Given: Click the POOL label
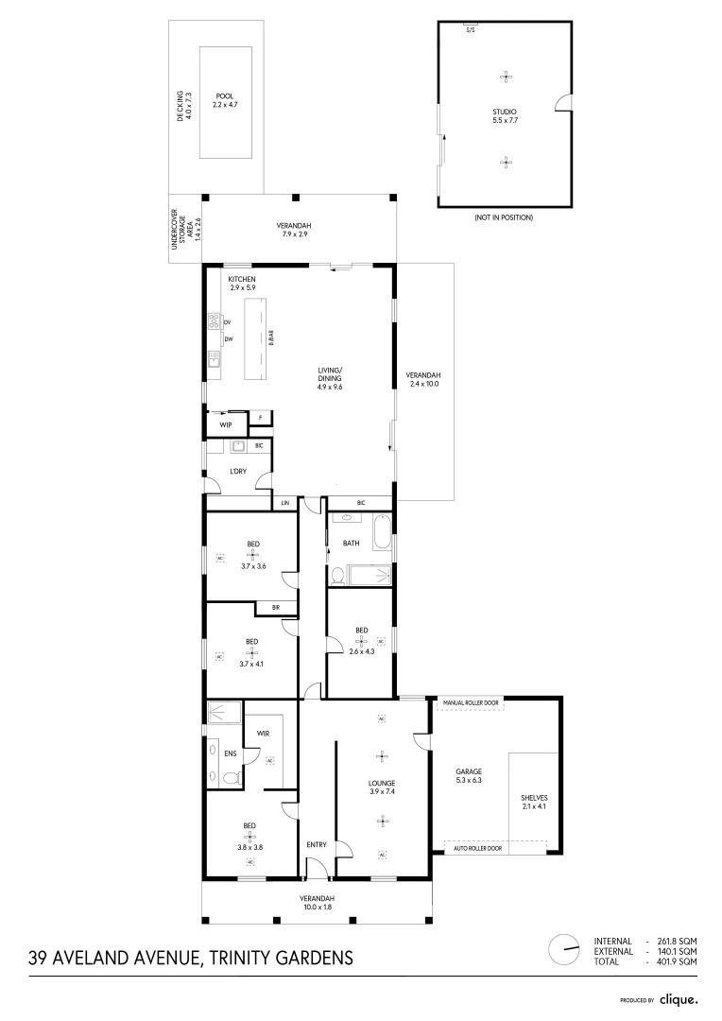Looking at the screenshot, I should tap(224, 95).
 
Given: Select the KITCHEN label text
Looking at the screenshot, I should tap(242, 280).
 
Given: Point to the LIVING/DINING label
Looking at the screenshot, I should tap(330, 373).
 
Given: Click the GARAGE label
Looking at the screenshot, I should tap(469, 771).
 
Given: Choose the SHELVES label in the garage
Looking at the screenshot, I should tap(534, 798).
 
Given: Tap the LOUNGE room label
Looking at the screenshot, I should tap(382, 783).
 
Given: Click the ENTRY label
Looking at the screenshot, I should tap(316, 844).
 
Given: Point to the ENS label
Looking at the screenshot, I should tap(230, 753).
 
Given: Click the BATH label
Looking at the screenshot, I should tap(352, 543).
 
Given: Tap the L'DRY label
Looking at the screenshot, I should tap(238, 470).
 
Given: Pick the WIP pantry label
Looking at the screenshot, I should tap(226, 425).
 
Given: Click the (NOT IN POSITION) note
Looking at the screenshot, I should tap(504, 217).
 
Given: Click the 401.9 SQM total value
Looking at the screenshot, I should tap(677, 961).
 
